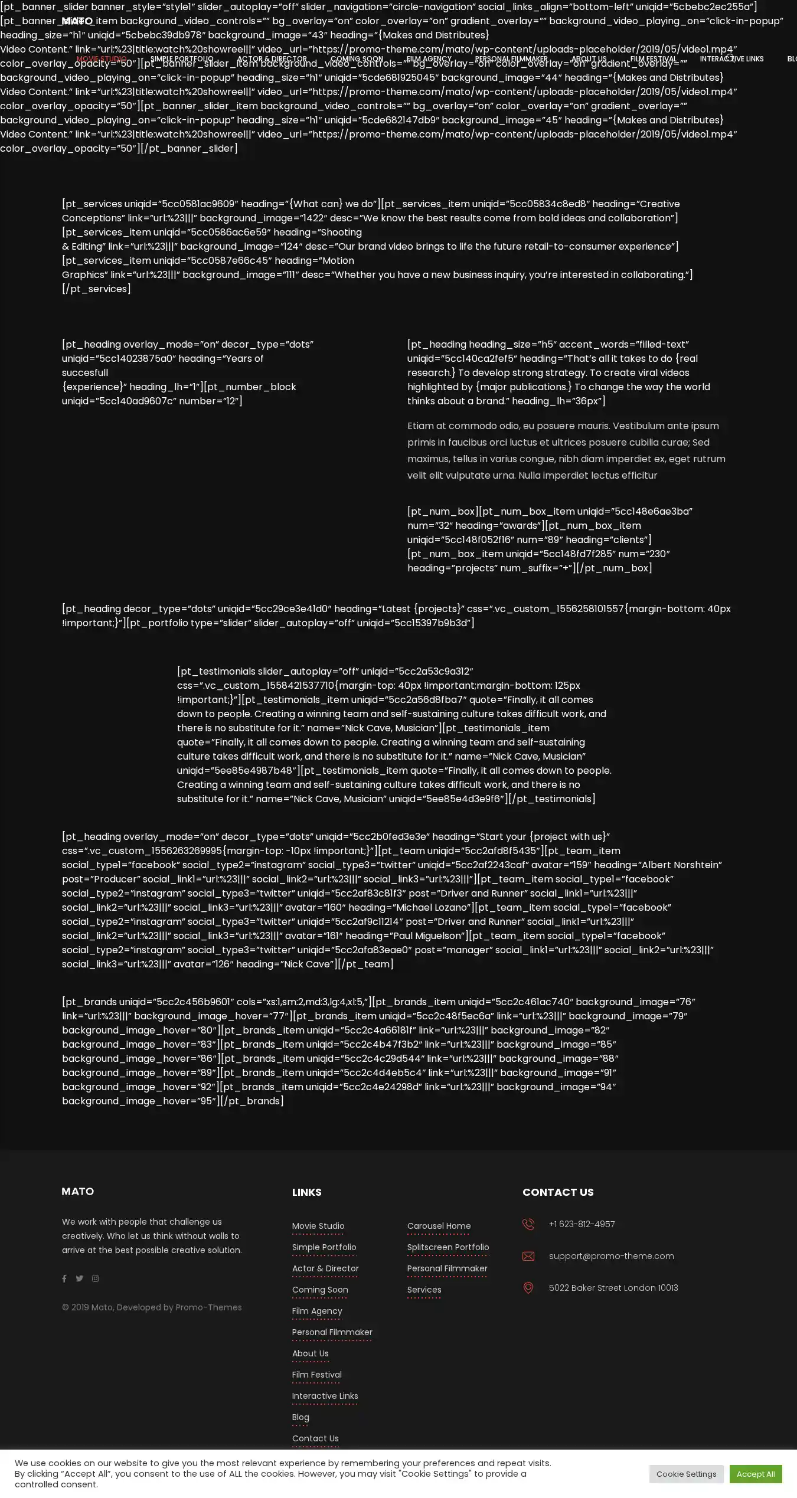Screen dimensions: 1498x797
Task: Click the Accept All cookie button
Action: click(x=755, y=1473)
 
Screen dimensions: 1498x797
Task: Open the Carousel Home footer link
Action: click(x=439, y=1225)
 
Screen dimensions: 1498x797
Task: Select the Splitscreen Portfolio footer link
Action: click(x=448, y=1247)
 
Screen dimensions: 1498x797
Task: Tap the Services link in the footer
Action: click(x=424, y=1289)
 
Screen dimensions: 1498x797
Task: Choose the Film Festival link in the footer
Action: click(x=316, y=1374)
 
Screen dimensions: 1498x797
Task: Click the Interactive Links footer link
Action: click(x=325, y=1395)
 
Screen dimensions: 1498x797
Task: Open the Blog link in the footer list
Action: click(x=300, y=1417)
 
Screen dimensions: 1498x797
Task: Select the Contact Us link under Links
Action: click(x=315, y=1438)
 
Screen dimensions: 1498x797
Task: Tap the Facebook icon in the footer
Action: click(x=64, y=1278)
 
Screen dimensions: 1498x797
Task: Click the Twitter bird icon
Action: click(x=79, y=1278)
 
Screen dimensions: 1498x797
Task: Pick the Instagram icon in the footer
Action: click(x=95, y=1278)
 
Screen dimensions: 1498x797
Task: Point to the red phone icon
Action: click(x=528, y=1224)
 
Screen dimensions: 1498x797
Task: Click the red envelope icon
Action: click(x=528, y=1256)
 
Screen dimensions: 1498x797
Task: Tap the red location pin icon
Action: click(x=528, y=1288)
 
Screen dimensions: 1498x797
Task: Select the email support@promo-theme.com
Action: click(x=611, y=1256)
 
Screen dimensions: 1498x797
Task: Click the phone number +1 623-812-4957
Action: click(x=582, y=1224)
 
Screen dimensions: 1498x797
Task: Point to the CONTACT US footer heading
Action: click(x=558, y=1192)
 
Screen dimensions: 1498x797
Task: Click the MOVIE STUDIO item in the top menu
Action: click(x=102, y=59)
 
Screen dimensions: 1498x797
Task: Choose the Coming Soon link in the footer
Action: click(x=320, y=1289)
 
